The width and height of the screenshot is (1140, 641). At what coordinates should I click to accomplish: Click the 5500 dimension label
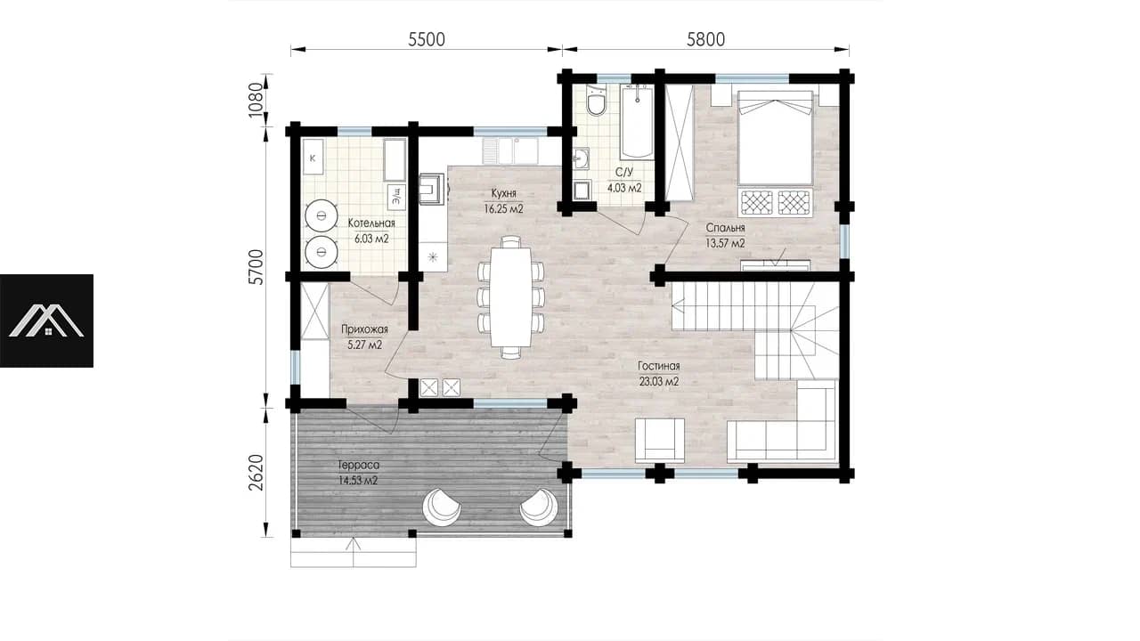[x=427, y=40]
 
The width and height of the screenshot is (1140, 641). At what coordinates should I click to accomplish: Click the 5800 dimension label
[x=705, y=40]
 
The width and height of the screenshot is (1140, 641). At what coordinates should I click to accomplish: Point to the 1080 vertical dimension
[x=256, y=100]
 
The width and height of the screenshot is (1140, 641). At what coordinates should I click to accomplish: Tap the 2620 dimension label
[x=256, y=472]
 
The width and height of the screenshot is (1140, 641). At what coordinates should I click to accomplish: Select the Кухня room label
[x=504, y=193]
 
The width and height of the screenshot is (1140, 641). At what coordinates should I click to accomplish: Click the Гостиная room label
[x=658, y=366]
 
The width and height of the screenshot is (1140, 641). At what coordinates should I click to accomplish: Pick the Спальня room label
[x=725, y=227]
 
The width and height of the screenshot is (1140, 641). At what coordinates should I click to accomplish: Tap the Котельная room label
[x=371, y=223]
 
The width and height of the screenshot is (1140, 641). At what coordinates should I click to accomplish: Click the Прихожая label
[x=364, y=329]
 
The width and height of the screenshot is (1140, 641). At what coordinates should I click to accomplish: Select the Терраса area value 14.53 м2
[x=358, y=480]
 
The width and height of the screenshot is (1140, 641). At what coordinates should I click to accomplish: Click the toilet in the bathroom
[x=596, y=101]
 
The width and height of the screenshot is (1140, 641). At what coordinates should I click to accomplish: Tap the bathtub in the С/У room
[x=637, y=122]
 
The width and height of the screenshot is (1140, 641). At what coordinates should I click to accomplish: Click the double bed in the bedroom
[x=775, y=138]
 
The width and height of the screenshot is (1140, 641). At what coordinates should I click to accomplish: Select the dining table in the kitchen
[x=510, y=296]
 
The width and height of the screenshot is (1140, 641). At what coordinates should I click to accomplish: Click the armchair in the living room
[x=660, y=440]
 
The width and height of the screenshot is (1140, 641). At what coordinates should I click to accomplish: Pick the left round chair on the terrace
[x=441, y=507]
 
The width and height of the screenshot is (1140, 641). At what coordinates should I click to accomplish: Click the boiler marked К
[x=313, y=158]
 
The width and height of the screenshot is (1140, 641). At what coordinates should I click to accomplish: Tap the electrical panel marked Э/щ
[x=396, y=197]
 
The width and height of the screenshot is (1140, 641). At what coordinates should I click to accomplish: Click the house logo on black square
[x=46, y=321]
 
